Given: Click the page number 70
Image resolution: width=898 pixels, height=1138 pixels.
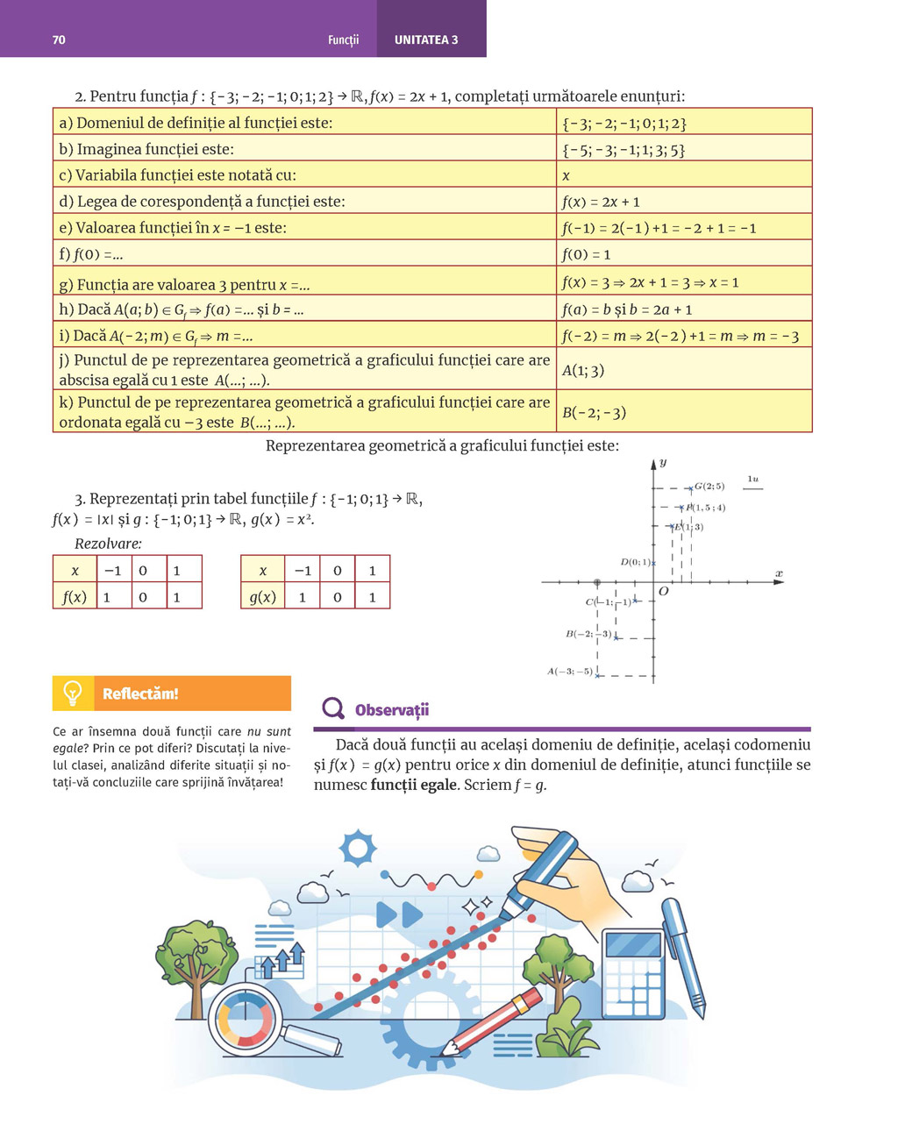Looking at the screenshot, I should [x=59, y=39].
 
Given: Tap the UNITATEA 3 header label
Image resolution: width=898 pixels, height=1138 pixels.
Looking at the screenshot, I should [x=426, y=39].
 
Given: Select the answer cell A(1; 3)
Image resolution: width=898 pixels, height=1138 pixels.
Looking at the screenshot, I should [x=583, y=370].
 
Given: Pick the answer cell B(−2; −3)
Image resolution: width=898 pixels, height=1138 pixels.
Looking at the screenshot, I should [x=594, y=412].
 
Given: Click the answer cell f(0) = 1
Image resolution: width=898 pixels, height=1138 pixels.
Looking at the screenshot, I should [x=586, y=254].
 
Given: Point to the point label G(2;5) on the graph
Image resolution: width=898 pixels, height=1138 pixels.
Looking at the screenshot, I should [x=709, y=487].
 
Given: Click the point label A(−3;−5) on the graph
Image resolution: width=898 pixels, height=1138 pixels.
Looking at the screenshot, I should [x=570, y=672].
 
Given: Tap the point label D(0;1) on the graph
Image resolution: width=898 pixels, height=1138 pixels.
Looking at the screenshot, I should [x=635, y=562].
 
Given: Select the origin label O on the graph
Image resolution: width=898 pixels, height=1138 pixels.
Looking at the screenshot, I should [x=663, y=592].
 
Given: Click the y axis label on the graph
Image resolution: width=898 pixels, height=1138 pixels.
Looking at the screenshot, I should [x=663, y=462].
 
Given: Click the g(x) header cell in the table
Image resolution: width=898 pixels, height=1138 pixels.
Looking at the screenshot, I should [x=262, y=597].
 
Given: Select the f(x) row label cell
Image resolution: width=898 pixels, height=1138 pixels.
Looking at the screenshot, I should [x=75, y=597].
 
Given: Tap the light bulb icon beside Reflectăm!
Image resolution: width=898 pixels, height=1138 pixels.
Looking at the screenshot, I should [x=73, y=693].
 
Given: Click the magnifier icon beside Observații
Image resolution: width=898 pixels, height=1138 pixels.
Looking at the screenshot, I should [x=333, y=708].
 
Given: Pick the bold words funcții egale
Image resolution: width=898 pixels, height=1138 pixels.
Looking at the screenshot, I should [x=413, y=785].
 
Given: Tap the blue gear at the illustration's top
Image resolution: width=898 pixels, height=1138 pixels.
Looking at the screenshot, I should [x=358, y=849].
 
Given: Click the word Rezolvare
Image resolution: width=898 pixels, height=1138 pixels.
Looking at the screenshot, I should [x=108, y=544].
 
